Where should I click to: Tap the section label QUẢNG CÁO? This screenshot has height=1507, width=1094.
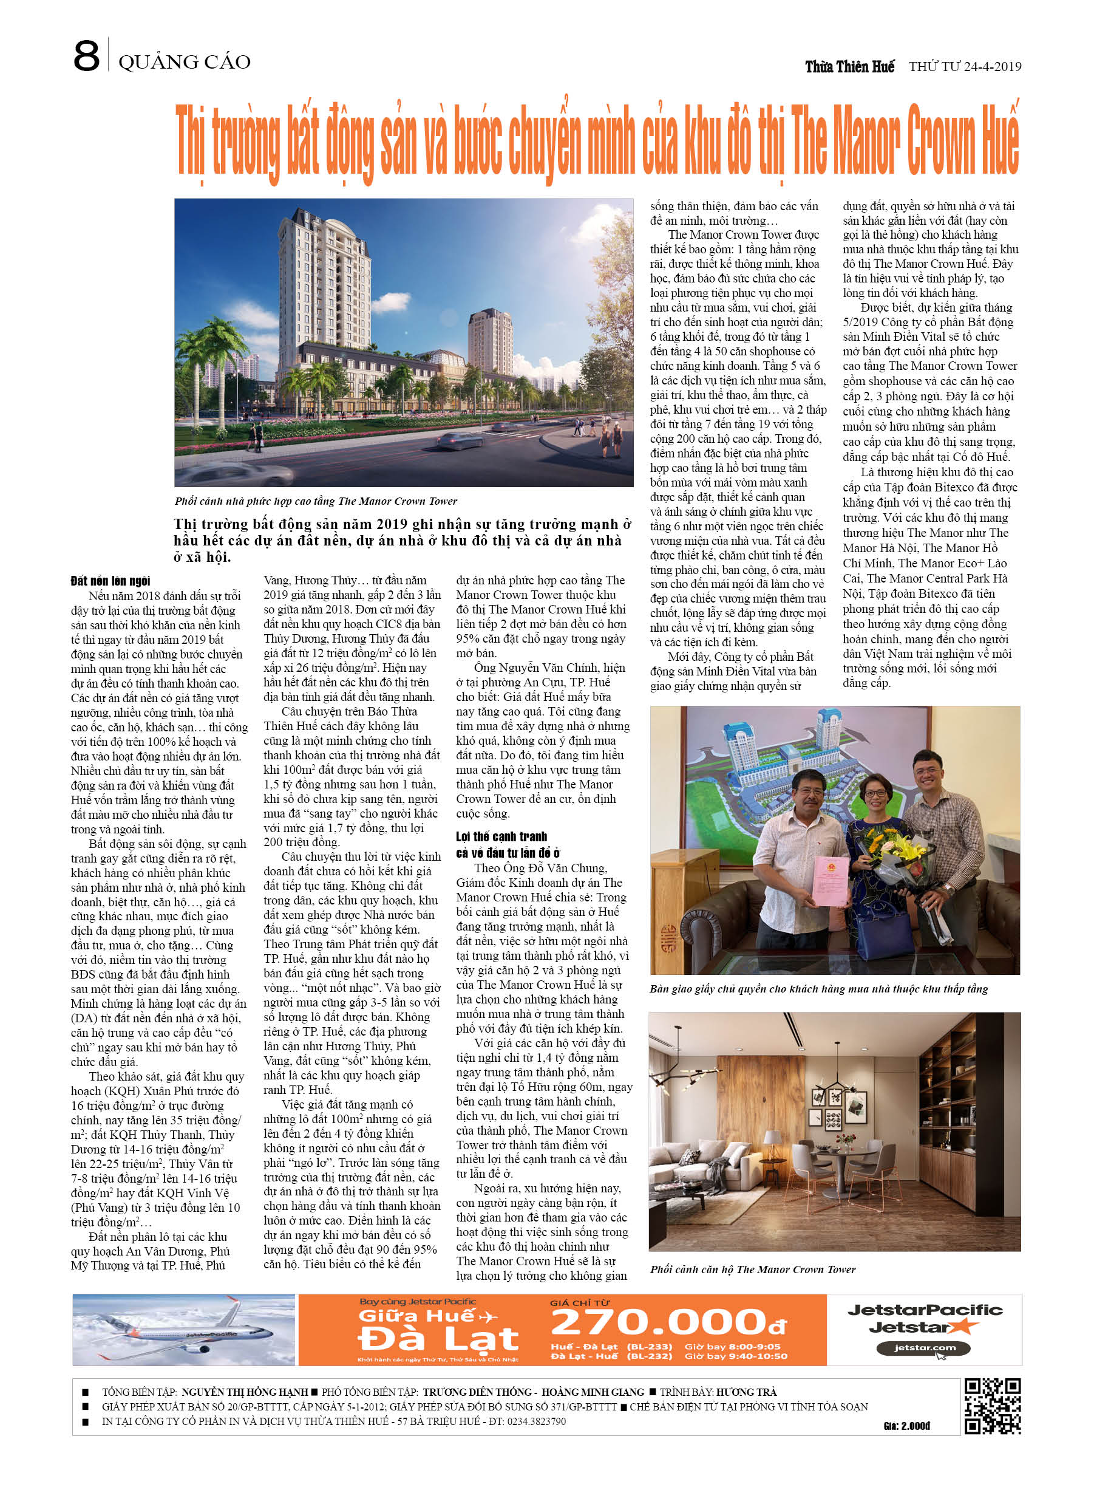[x=184, y=63]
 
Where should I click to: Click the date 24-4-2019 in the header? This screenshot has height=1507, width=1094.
[x=993, y=66]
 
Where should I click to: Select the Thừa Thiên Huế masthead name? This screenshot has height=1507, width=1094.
[x=849, y=66]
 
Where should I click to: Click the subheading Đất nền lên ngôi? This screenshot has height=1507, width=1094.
[x=110, y=581]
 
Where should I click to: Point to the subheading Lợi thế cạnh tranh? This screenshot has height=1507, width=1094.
[x=501, y=836]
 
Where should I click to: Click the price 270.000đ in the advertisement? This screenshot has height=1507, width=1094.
[x=668, y=1322]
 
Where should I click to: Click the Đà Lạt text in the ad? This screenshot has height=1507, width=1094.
[x=438, y=1339]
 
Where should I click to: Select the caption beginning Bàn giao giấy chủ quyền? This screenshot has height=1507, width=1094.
[x=818, y=989]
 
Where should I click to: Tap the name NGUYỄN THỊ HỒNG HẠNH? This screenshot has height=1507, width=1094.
[x=245, y=1392]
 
